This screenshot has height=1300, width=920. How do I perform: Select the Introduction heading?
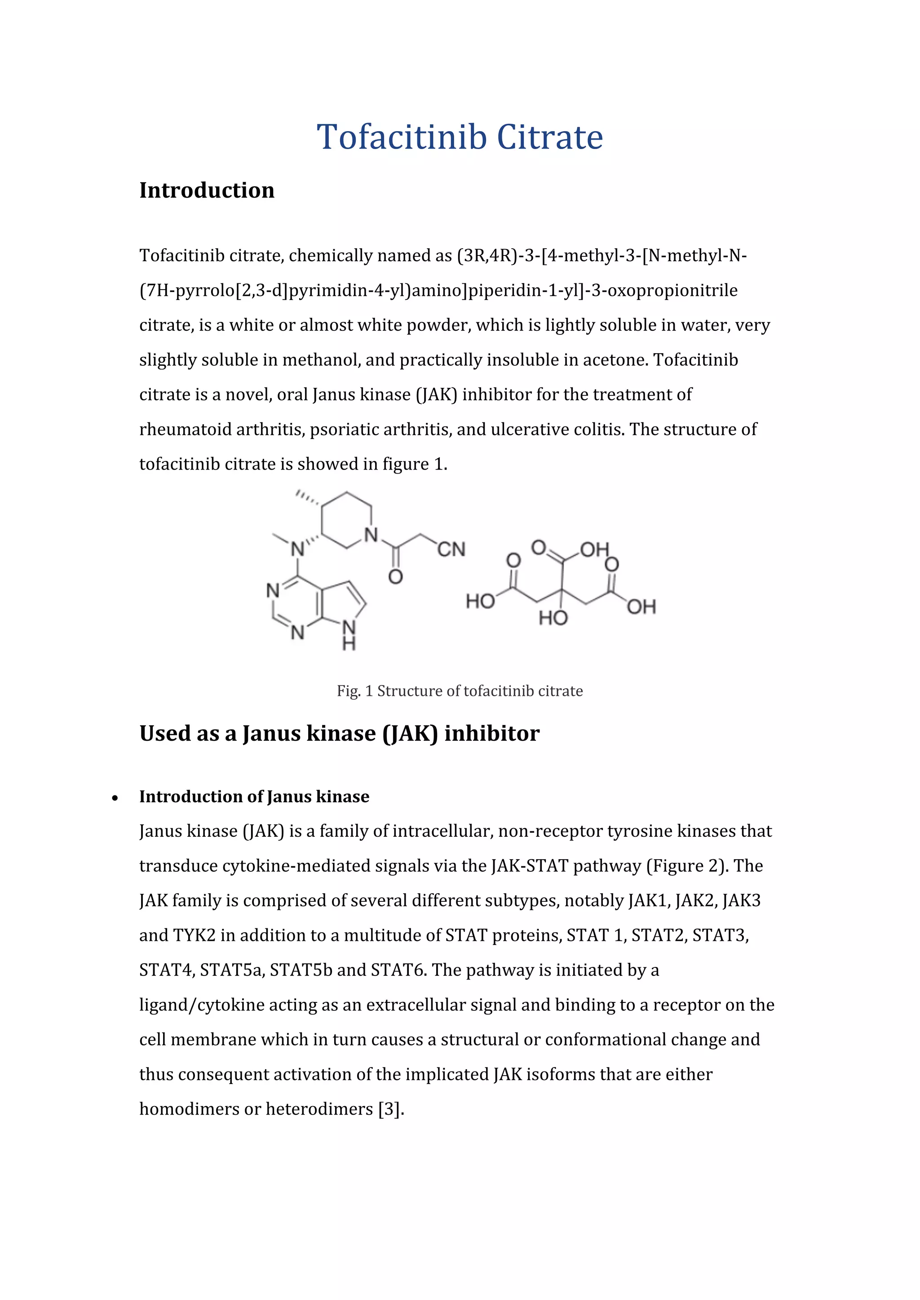click(x=207, y=190)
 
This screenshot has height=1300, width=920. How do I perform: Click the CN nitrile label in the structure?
click(x=451, y=549)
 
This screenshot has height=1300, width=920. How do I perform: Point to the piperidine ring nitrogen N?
click(x=371, y=535)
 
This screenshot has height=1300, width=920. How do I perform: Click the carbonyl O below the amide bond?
click(x=395, y=577)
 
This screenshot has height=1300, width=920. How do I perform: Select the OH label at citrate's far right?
click(x=641, y=607)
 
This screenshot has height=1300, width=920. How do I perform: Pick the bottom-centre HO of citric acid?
click(x=553, y=618)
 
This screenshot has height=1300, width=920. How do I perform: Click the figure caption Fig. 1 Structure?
click(x=460, y=691)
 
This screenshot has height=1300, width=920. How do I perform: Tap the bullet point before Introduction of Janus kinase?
click(x=115, y=798)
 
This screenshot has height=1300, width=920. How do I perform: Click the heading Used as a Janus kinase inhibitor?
click(x=339, y=733)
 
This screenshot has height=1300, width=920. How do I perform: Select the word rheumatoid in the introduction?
click(x=185, y=429)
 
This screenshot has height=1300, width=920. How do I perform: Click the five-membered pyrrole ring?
click(x=342, y=602)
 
